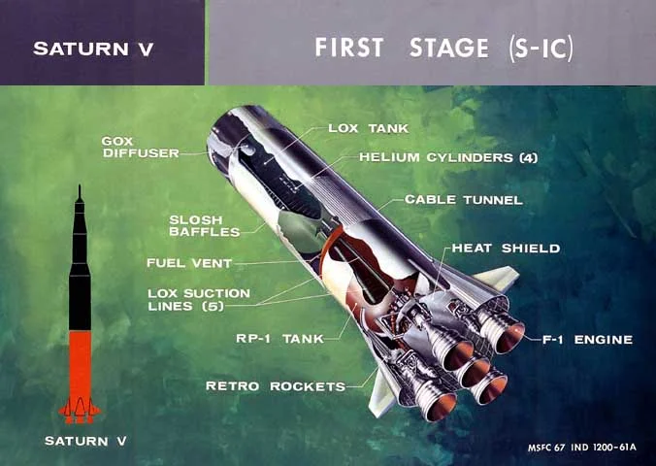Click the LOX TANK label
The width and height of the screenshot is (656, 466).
click(x=368, y=128)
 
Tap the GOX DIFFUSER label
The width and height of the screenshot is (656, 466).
click(x=141, y=148)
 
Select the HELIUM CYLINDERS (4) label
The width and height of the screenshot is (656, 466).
click(x=448, y=157)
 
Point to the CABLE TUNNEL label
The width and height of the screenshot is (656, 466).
click(x=464, y=200)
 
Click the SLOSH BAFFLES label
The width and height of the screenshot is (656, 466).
click(x=205, y=225)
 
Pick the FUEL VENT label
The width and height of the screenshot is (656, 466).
click(x=189, y=263)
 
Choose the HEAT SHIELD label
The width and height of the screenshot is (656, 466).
click(x=506, y=248)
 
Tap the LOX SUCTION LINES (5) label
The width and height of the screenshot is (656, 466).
click(x=199, y=300)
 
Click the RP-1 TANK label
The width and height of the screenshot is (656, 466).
click(x=279, y=338)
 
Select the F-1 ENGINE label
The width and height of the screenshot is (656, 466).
click(x=587, y=339)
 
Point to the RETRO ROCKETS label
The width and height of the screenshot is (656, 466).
click(x=276, y=386)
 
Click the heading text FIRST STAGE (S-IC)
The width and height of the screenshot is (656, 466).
click(x=443, y=48)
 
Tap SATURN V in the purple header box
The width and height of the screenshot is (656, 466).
click(x=93, y=49)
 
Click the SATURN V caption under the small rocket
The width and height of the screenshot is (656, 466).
click(x=85, y=441)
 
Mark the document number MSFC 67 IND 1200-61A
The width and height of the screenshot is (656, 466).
click(x=582, y=448)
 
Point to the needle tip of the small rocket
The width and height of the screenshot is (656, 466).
click(x=79, y=185)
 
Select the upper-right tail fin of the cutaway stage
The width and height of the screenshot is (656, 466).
click(x=497, y=277)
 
